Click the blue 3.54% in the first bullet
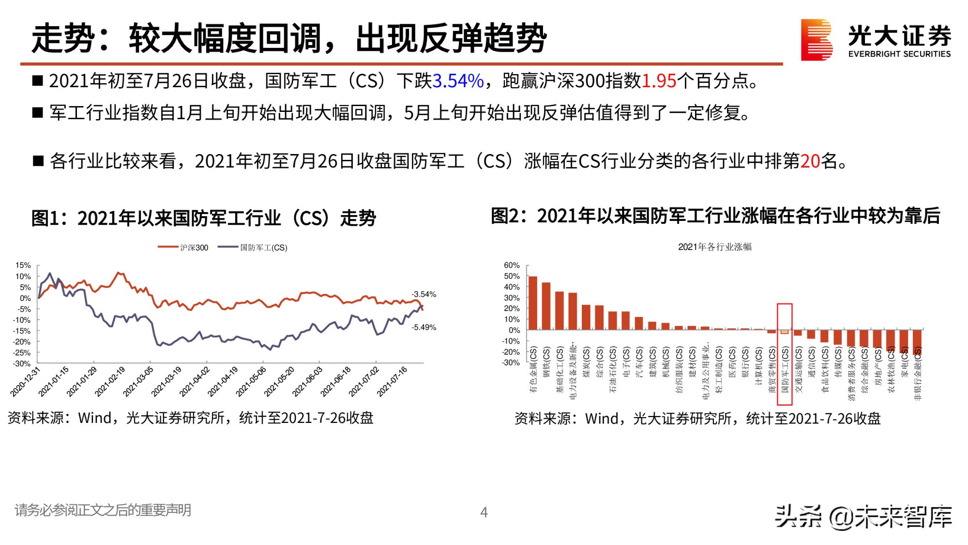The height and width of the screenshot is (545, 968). coord(458,81)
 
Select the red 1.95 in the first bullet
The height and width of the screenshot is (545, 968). coord(658,81)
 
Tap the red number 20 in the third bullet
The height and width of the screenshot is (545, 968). coord(810,161)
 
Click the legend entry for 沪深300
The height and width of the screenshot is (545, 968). coord(183,248)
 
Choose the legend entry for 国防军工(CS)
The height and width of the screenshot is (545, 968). coord(253,248)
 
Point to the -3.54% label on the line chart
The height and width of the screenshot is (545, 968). coord(423,294)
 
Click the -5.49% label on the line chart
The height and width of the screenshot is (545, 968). coord(423,327)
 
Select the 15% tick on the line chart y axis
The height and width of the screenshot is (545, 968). coord(23,265)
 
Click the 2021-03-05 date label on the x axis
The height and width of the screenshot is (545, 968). coord(138,381)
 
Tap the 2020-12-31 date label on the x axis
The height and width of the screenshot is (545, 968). coord(26,381)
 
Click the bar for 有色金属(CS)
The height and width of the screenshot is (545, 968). coord(533,303)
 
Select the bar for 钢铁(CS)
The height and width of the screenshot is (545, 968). coord(546,306)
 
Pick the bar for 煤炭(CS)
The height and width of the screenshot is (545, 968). coord(586,317)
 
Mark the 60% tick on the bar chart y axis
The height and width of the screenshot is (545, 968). coord(512,265)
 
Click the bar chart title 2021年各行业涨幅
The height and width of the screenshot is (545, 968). coord(714,247)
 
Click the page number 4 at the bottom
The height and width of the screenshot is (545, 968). coord(484,512)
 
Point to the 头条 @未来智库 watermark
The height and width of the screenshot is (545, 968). coord(863,516)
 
